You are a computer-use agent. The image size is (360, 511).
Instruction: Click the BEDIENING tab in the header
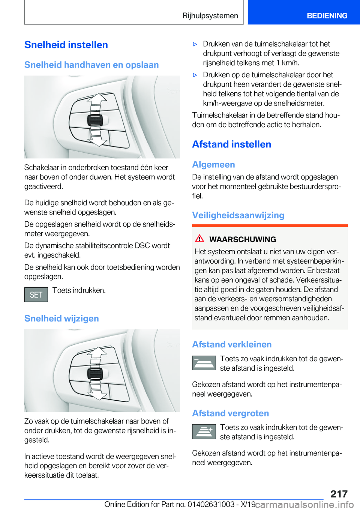(x=327, y=16)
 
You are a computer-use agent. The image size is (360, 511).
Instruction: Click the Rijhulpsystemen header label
(x=210, y=16)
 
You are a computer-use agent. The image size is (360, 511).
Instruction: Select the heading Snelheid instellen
(x=66, y=45)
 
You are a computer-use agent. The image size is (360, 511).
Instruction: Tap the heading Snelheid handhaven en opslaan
(x=91, y=65)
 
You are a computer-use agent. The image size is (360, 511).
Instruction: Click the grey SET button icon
(x=36, y=295)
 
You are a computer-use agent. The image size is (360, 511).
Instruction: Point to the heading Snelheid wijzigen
(x=61, y=319)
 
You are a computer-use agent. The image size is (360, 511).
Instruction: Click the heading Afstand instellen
(x=231, y=144)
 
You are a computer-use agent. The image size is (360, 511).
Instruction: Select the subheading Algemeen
(x=213, y=165)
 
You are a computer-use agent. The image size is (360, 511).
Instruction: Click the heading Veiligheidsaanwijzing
(x=238, y=215)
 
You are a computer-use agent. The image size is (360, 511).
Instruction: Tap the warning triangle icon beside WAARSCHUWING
(x=199, y=239)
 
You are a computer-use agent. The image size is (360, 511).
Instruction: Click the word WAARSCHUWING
(x=242, y=239)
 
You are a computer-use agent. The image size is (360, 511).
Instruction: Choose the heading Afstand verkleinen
(x=232, y=344)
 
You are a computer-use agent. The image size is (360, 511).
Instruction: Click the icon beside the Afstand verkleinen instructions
(x=204, y=363)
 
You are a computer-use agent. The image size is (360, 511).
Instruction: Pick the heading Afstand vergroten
(x=230, y=413)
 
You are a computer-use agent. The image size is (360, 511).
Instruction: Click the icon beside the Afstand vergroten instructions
(x=204, y=431)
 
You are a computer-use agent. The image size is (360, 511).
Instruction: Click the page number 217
(x=339, y=494)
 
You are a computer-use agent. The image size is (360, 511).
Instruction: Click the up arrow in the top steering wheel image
(x=97, y=99)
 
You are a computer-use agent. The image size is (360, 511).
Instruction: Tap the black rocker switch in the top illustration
(x=95, y=120)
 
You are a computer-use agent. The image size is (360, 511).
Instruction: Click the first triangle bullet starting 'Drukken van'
(x=195, y=44)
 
